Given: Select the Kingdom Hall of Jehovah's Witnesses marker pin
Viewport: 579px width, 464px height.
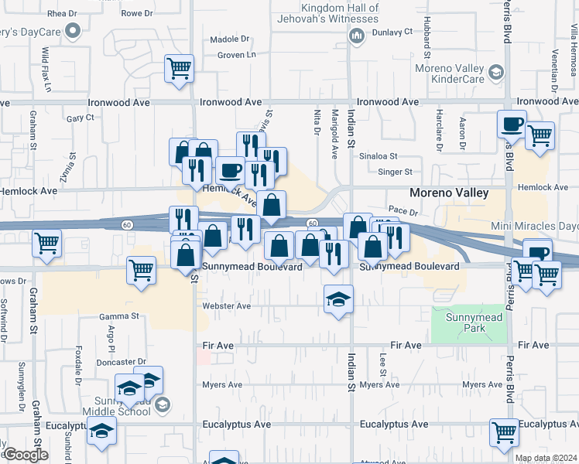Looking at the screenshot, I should coord(357,35).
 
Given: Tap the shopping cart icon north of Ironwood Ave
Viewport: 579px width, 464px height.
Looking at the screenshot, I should coord(179,69).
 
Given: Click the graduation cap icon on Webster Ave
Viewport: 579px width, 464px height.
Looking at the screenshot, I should coord(338,299).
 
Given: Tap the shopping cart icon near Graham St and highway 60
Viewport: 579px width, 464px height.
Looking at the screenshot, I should coord(47,244).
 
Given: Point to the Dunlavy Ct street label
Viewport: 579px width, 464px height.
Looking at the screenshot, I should coord(390,32).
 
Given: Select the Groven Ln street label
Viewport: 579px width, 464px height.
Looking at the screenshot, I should coord(236,55).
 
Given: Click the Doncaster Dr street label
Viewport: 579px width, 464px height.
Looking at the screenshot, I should coord(122,361).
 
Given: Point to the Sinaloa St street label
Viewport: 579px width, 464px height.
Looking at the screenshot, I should coord(379,155).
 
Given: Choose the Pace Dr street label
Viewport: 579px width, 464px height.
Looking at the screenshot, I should coord(403,210).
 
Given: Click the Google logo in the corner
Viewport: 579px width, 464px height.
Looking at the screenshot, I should coord(25,455).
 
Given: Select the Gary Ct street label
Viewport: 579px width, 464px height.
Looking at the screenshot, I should coord(80,118).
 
